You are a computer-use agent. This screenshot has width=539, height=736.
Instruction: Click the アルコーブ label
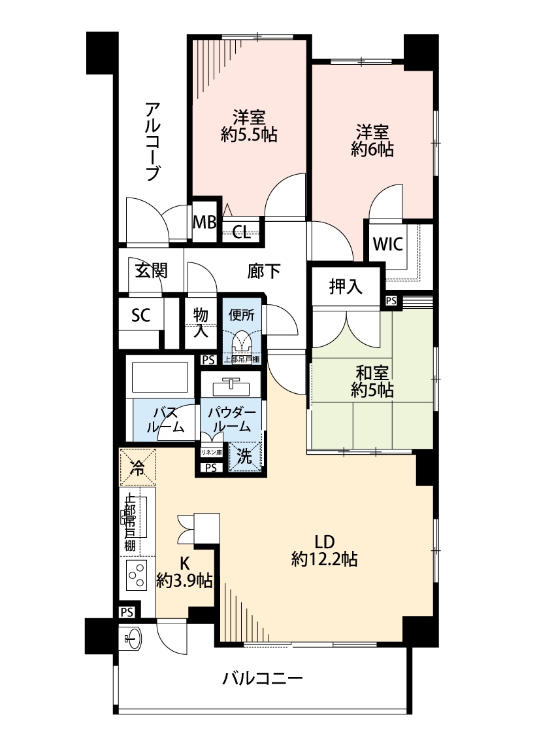(153, 141)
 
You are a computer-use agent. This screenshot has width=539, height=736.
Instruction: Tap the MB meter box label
(205, 222)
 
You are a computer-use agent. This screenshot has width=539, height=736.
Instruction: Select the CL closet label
(241, 232)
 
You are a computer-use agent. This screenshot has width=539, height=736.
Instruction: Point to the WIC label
(387, 243)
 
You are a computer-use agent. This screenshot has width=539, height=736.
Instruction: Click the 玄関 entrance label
(151, 271)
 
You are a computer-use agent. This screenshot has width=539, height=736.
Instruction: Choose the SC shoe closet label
(140, 315)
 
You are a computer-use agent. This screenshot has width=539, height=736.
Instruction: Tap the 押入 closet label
(346, 287)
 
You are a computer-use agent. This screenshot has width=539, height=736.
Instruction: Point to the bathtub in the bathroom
(160, 377)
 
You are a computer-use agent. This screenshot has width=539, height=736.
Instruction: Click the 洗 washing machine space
(244, 456)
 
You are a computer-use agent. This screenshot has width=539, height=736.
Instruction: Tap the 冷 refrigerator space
(137, 467)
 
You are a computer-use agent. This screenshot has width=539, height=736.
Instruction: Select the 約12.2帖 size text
(324, 559)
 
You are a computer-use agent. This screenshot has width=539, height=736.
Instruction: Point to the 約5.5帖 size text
(249, 135)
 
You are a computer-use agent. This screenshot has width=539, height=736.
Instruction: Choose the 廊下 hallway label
(264, 271)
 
